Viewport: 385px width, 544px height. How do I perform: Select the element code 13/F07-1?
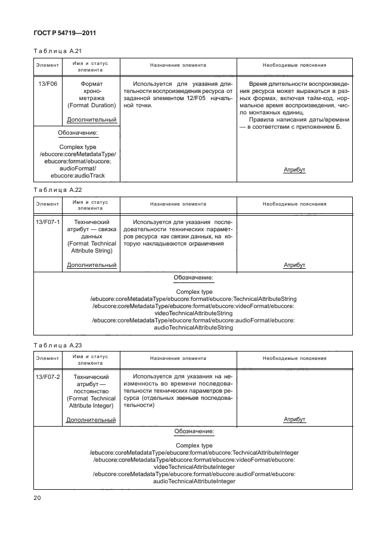tap(47, 223)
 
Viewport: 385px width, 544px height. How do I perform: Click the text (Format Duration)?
tap(91, 105)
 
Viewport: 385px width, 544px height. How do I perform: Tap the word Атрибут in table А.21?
tap(294, 170)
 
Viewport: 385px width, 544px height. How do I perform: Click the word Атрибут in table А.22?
tap(294, 265)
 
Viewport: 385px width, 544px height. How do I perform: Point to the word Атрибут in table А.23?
tap(294, 419)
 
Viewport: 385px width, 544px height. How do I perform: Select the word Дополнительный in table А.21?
tap(91, 120)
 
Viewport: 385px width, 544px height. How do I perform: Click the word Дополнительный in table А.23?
tap(91, 419)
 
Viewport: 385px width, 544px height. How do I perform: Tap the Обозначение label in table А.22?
tap(193, 278)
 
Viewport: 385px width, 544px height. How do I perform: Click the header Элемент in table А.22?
tap(47, 204)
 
